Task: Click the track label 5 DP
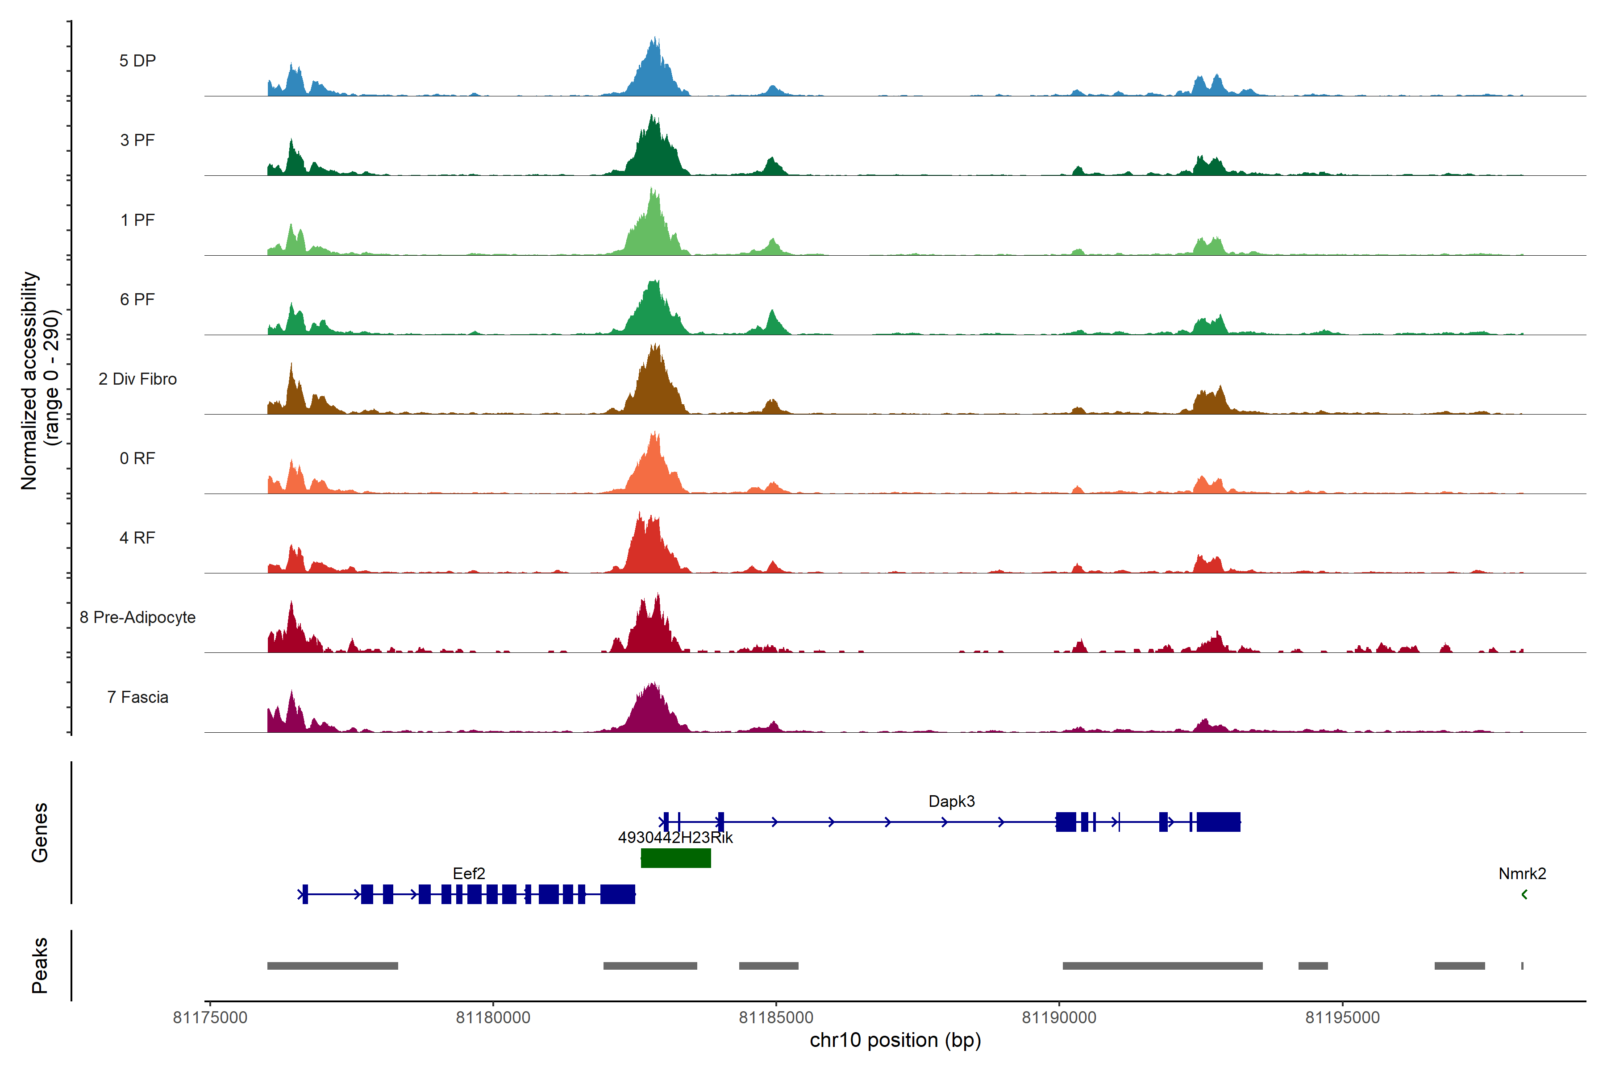(x=137, y=61)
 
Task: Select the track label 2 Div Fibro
(x=137, y=379)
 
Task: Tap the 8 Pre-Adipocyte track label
(x=137, y=618)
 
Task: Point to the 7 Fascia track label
(x=137, y=697)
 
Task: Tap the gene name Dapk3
(x=951, y=801)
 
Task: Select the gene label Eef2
(x=469, y=874)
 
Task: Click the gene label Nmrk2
(x=1522, y=874)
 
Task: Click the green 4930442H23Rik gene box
(x=676, y=858)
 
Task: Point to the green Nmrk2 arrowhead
(x=1524, y=894)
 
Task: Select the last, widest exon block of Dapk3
(x=1218, y=822)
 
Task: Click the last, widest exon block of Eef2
(x=618, y=894)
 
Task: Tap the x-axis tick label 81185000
(x=776, y=1018)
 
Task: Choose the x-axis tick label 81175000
(x=210, y=1018)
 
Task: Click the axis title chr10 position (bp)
(x=895, y=1040)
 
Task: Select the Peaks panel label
(x=40, y=965)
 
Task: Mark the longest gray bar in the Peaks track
(x=1162, y=966)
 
